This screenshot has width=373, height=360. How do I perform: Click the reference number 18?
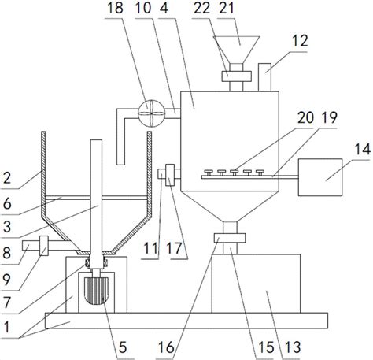(x=115, y=8)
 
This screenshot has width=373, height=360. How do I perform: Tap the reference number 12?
(x=300, y=41)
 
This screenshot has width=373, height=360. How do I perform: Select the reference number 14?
(x=363, y=149)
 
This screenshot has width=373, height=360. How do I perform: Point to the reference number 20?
(x=305, y=117)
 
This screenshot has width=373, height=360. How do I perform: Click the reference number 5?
(x=123, y=347)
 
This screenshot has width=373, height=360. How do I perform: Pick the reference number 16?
(x=166, y=347)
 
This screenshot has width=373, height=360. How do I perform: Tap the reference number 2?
(x=7, y=177)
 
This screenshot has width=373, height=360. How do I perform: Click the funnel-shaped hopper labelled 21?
(x=236, y=50)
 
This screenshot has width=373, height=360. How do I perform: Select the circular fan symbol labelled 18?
(x=151, y=113)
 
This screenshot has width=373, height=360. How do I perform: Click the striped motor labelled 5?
(x=96, y=291)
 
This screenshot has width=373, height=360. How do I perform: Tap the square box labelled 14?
(x=320, y=177)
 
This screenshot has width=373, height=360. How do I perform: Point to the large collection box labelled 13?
(x=256, y=284)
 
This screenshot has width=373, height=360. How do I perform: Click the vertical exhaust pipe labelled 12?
(x=264, y=77)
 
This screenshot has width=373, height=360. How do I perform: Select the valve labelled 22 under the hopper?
(x=236, y=76)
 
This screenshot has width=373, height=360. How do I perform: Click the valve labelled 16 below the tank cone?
(x=230, y=238)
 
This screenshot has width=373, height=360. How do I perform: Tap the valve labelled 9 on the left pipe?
(x=44, y=246)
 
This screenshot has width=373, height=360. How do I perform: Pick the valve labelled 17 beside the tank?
(x=170, y=175)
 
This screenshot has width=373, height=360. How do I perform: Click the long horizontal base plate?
(x=186, y=321)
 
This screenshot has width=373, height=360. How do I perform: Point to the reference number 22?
(x=202, y=8)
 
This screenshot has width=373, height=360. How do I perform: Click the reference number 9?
(x=6, y=280)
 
